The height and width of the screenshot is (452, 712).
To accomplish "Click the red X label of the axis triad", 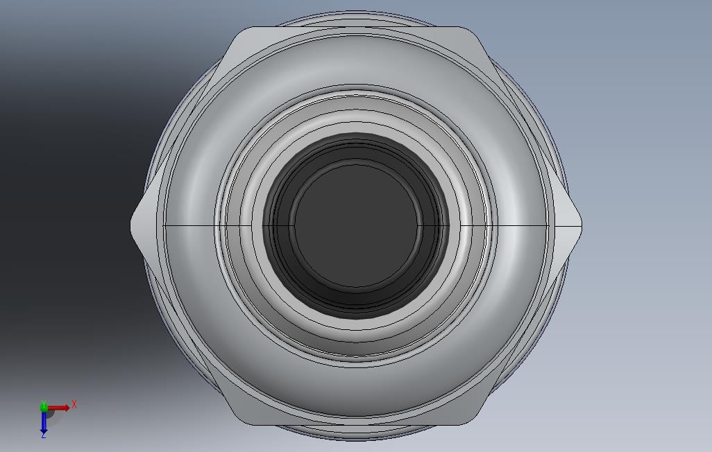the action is tap(74, 404).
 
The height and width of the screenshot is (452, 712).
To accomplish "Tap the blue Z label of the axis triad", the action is tap(44, 435).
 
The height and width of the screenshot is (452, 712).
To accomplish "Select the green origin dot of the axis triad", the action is tap(44, 407).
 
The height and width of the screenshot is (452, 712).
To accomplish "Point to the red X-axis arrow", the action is tap(59, 408).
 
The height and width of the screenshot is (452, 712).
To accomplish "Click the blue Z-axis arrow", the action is tap(44, 421).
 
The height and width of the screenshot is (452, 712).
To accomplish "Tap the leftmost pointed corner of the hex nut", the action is tap(131, 225).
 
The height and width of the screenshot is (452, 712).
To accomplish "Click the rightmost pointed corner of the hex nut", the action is tap(582, 225).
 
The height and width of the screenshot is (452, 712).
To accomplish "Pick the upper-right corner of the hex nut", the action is tap(470, 29).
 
